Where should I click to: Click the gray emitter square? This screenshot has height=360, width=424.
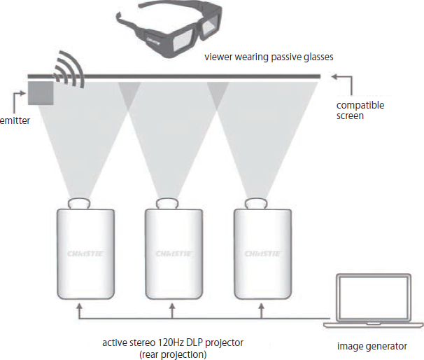[41, 92]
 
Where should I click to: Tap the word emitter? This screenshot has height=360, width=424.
[13, 120]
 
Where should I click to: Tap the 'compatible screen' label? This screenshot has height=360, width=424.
[360, 110]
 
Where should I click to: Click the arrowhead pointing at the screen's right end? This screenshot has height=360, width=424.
[334, 75]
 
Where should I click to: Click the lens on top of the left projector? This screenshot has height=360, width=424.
[79, 203]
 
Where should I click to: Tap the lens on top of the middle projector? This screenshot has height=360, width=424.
[169, 203]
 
